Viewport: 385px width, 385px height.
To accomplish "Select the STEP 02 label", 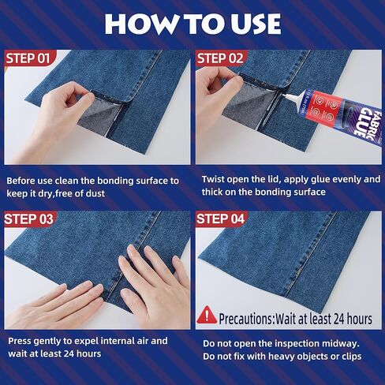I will tap(223, 58).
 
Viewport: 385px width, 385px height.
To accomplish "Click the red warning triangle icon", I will tap(206, 317).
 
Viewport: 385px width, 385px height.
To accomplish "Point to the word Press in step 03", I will tap(21, 341).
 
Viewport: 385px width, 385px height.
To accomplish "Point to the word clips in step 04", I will tap(347, 356).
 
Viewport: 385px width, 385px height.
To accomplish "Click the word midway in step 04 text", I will tap(341, 343).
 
